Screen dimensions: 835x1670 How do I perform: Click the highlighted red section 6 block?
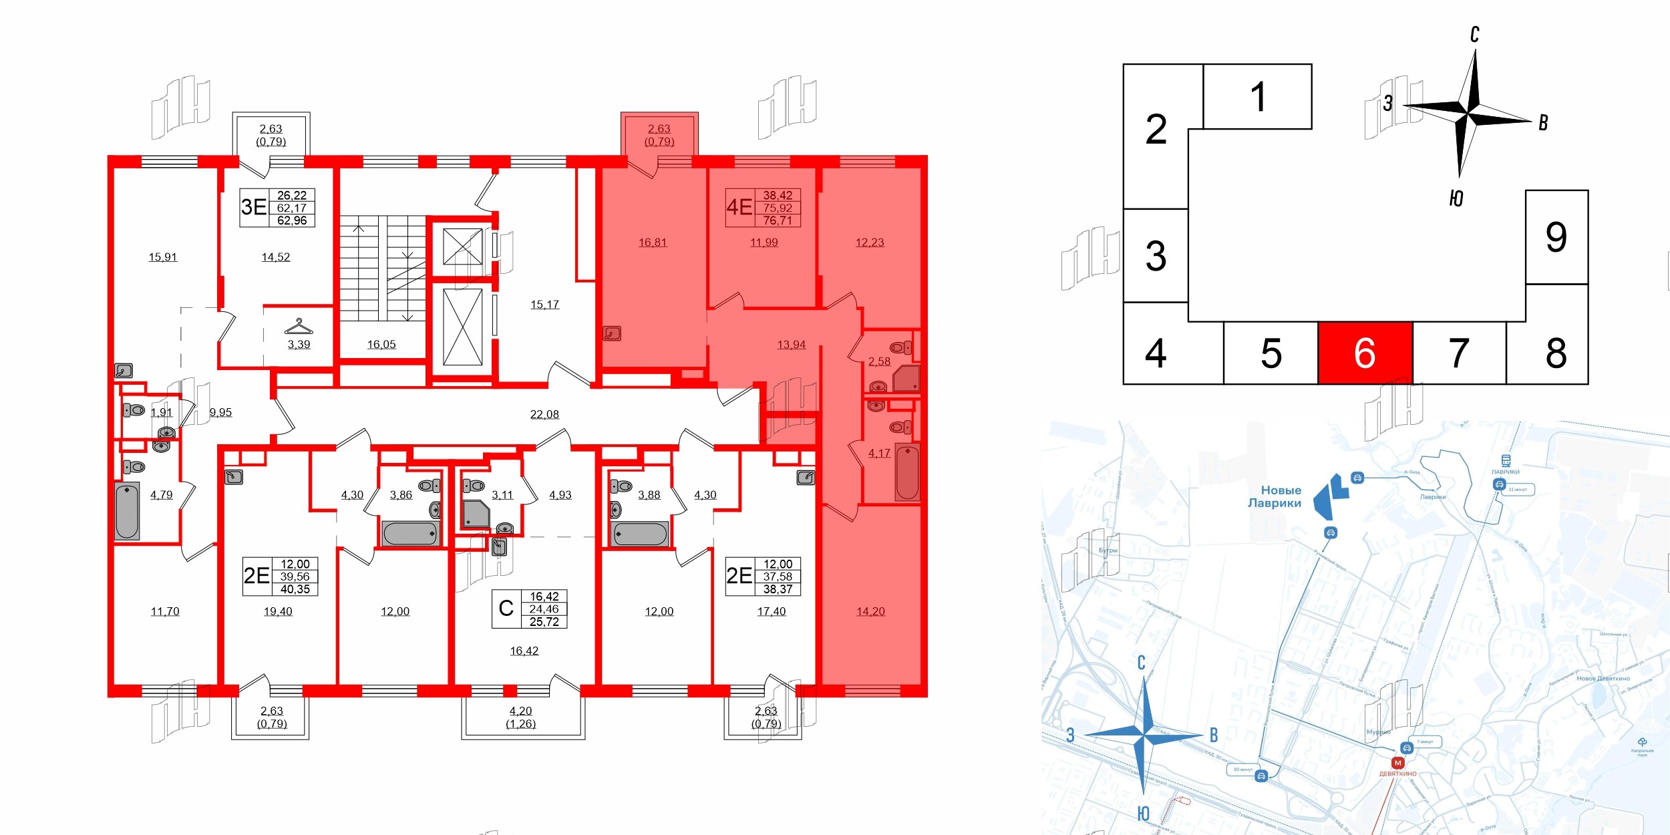(x=1365, y=353)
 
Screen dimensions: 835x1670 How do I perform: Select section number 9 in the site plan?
(x=1556, y=237)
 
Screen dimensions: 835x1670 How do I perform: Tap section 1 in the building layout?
(x=1257, y=97)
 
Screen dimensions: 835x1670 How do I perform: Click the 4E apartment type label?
(x=739, y=207)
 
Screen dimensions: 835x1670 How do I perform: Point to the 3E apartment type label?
(x=254, y=207)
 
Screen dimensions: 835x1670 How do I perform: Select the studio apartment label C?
(x=506, y=609)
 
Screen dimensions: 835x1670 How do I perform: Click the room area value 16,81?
(x=653, y=242)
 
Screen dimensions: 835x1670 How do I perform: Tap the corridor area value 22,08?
(x=544, y=414)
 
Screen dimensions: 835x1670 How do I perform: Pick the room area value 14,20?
(x=870, y=611)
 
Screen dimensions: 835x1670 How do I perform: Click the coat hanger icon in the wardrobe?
(x=299, y=327)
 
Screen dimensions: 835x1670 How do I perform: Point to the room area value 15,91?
(x=163, y=257)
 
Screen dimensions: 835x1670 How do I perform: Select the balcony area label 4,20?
(x=521, y=711)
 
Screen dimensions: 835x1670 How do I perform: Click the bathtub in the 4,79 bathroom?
(x=127, y=510)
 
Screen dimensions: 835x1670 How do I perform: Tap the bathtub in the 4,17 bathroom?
(x=907, y=472)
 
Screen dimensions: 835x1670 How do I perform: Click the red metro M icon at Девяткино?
(x=1397, y=763)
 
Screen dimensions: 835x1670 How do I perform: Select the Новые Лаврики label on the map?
(x=1275, y=496)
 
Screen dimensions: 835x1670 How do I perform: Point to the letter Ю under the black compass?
(x=1457, y=198)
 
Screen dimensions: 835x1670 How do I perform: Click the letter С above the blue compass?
(x=1142, y=662)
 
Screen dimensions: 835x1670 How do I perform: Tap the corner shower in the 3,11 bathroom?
(x=476, y=514)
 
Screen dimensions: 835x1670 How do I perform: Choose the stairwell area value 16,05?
(x=381, y=345)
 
